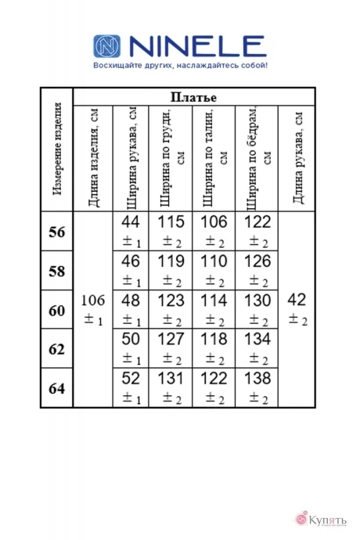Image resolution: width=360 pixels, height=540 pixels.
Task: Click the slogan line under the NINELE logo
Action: coord(180,65)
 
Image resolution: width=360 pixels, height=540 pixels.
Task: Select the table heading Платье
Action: coord(193,97)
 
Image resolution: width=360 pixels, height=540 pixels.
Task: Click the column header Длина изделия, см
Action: coord(94,157)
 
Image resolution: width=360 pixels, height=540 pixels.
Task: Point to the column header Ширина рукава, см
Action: coord(131,157)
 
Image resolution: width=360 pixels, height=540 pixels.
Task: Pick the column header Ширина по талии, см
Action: coord(214,157)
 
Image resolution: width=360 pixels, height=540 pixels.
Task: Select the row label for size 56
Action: coord(56,232)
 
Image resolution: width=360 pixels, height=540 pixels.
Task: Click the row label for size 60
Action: coord(56,311)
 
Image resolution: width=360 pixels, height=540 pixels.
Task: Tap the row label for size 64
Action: coord(56,387)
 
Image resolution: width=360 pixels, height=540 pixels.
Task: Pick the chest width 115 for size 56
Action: coord(171,222)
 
